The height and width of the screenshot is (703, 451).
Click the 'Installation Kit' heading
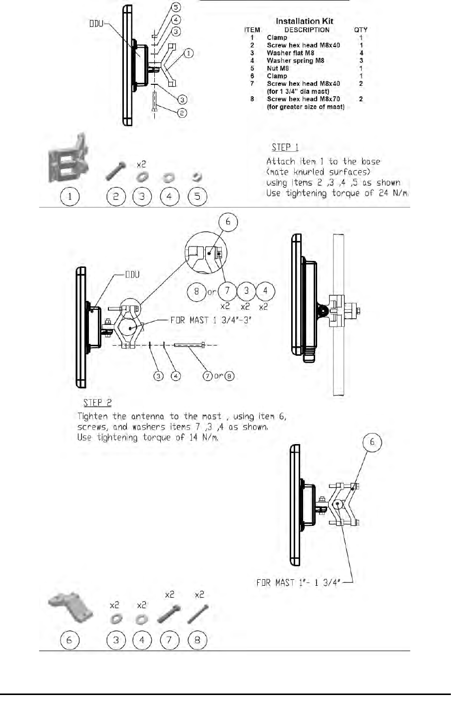pyautogui.click(x=304, y=21)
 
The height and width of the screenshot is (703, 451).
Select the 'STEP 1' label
pyautogui.click(x=285, y=148)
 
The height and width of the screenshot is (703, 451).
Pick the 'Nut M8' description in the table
pyautogui.click(x=278, y=68)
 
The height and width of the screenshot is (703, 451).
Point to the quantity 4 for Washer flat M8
pyautogui.click(x=361, y=53)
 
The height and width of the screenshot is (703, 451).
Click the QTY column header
pyautogui.click(x=361, y=30)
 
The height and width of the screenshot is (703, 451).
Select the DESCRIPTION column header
pyautogui.click(x=307, y=30)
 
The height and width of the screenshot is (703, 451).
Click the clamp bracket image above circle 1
pyautogui.click(x=69, y=159)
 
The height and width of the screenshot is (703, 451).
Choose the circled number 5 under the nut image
pyautogui.click(x=197, y=197)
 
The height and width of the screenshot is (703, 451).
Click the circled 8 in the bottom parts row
pyautogui.click(x=197, y=640)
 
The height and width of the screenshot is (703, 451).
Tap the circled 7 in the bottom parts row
pyautogui.click(x=170, y=640)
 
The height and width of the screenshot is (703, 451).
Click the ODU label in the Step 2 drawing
pyautogui.click(x=132, y=275)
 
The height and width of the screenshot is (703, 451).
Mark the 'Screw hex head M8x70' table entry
pyautogui.click(x=303, y=99)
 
